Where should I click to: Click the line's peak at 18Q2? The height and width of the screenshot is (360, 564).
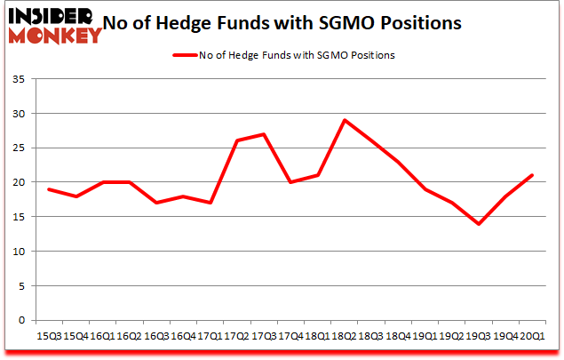344,120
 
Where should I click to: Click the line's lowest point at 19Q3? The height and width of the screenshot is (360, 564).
479,223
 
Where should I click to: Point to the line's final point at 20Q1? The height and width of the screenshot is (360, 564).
532,175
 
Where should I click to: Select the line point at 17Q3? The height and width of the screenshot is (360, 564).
264,134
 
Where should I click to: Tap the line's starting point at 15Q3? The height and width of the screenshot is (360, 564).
49,189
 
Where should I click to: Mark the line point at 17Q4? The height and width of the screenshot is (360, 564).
290,182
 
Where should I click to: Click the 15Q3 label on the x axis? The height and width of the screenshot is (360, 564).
49,336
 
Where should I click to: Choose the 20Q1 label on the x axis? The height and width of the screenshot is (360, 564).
532,336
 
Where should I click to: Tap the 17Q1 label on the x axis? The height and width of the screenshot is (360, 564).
210,336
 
